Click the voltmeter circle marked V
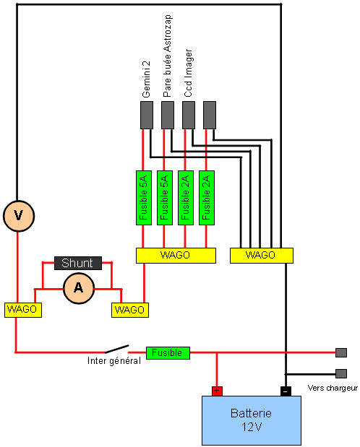[x=17, y=215]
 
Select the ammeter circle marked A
[x=77, y=288]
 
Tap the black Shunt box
[x=77, y=263]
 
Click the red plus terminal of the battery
[x=217, y=391]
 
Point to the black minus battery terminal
[x=286, y=391]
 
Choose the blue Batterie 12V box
[x=251, y=420]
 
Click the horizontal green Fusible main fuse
[x=168, y=352]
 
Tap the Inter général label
[x=113, y=361]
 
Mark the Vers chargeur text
[x=333, y=388]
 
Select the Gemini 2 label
[x=146, y=84]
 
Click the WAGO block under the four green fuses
[x=176, y=255]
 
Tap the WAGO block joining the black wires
[x=261, y=255]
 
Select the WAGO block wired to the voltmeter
[x=22, y=309]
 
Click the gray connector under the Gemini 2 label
[x=146, y=115]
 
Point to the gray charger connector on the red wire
[x=341, y=353]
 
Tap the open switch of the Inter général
[x=117, y=349]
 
